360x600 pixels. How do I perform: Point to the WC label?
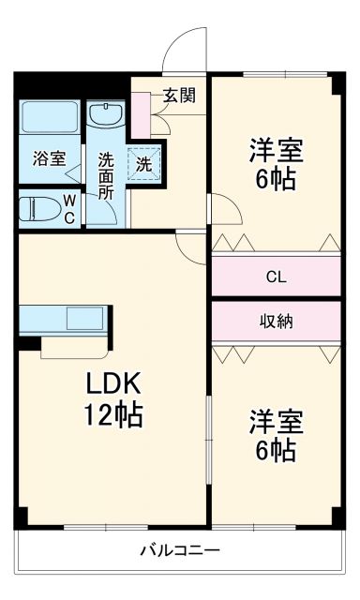[x=69, y=207]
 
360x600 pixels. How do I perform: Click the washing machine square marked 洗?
[x=144, y=162]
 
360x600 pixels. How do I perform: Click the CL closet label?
[x=276, y=277]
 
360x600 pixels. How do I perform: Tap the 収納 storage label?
[x=276, y=321]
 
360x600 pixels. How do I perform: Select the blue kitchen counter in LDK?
[x=64, y=319]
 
